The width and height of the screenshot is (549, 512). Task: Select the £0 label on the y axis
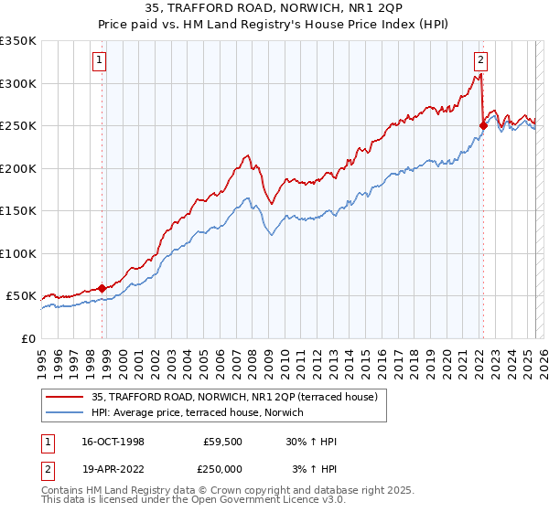click(x=27, y=338)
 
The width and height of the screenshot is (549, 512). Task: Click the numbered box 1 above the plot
click(x=99, y=61)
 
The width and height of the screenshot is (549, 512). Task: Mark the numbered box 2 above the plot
click(x=480, y=61)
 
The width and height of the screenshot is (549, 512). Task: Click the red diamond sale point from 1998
click(x=102, y=288)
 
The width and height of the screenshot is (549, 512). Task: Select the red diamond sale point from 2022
click(x=482, y=125)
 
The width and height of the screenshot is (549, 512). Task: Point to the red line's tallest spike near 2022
click(x=480, y=76)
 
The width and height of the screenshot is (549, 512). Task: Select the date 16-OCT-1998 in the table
click(x=113, y=442)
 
